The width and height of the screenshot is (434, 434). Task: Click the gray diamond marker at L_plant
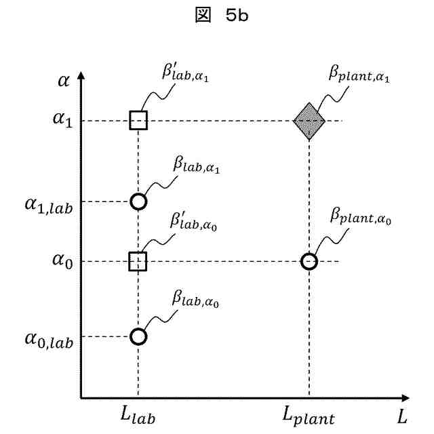tap(309, 121)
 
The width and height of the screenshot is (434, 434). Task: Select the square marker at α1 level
tap(138, 121)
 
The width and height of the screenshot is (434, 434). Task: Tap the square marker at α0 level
tap(138, 261)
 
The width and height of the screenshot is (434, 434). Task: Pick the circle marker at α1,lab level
tap(138, 201)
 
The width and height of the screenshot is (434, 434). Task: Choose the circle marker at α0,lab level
tap(138, 336)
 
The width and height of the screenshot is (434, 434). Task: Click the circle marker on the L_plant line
tap(309, 261)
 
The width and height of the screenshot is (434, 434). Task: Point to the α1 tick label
tap(60, 121)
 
